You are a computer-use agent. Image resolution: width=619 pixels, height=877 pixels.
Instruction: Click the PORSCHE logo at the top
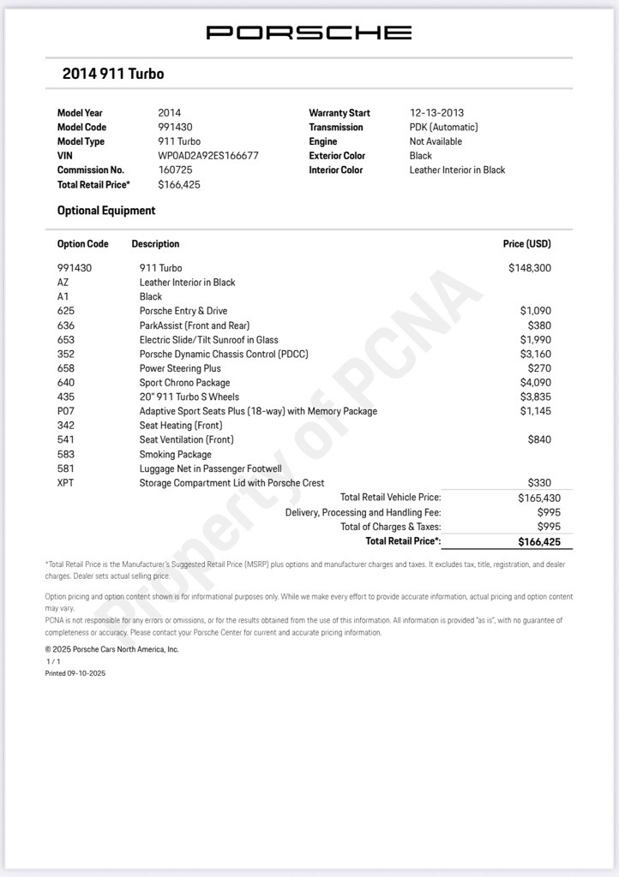point(309,33)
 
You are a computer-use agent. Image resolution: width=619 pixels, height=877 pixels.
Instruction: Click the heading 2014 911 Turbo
point(112,74)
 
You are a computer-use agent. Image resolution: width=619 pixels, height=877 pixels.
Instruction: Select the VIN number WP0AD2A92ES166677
point(208,156)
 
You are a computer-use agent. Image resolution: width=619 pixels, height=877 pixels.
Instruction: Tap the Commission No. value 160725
point(176,170)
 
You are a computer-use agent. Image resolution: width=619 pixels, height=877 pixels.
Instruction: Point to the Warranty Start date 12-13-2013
point(436,113)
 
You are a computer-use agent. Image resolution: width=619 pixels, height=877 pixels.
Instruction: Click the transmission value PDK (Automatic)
point(443,127)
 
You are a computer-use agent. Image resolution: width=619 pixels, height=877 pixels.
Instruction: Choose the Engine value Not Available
point(436,141)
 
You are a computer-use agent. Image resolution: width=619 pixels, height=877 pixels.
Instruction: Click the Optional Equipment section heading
point(106,211)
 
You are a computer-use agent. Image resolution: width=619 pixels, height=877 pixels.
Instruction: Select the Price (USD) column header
point(526,244)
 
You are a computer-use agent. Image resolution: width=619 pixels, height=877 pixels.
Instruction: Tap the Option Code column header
point(83,244)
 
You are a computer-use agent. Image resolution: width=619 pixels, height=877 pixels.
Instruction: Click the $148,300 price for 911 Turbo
point(529,268)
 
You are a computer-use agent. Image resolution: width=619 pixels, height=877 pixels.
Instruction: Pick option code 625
point(66,311)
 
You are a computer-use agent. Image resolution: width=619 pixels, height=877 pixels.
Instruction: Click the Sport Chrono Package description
point(184,383)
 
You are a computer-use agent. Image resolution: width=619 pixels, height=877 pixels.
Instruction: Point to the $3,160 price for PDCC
point(535,354)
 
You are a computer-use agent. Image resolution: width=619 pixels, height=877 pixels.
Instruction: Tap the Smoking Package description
point(175,454)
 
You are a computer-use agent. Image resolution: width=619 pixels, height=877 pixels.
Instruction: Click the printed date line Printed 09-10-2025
point(75,673)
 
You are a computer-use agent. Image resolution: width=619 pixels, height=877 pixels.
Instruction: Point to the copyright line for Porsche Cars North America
point(111,649)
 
